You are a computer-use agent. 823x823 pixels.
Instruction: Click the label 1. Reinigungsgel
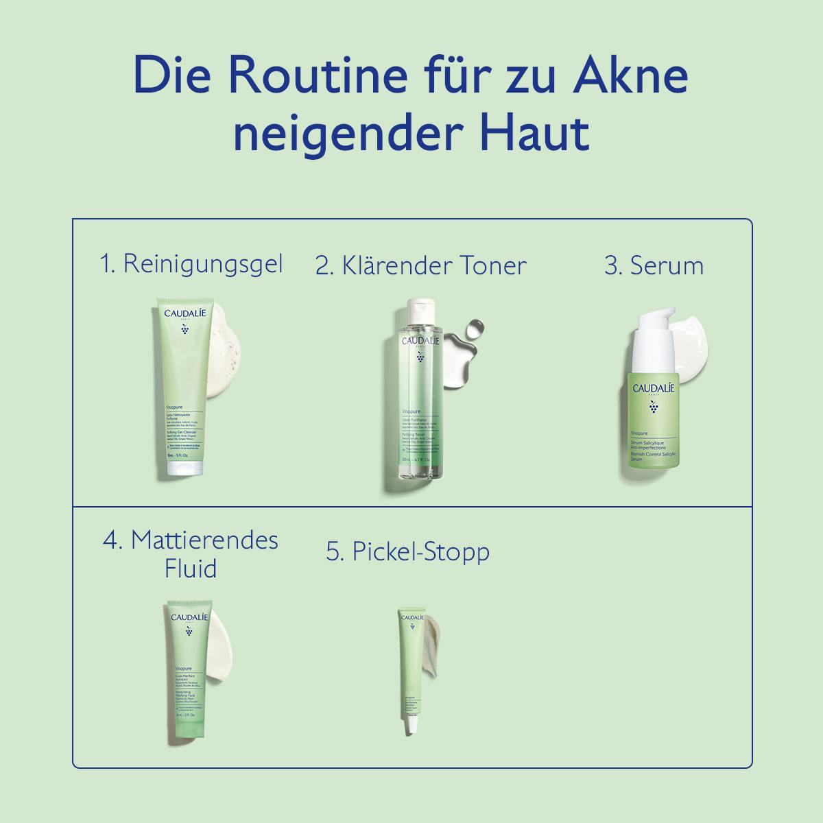coord(191,264)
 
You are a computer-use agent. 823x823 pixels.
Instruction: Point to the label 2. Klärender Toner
coord(421,265)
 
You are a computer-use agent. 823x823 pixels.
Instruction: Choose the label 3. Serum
coord(654,265)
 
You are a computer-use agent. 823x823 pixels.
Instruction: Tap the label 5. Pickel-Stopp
coord(408,551)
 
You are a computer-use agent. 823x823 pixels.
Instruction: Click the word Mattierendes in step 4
coord(204,540)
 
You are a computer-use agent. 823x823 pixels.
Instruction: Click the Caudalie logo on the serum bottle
coord(654,389)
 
